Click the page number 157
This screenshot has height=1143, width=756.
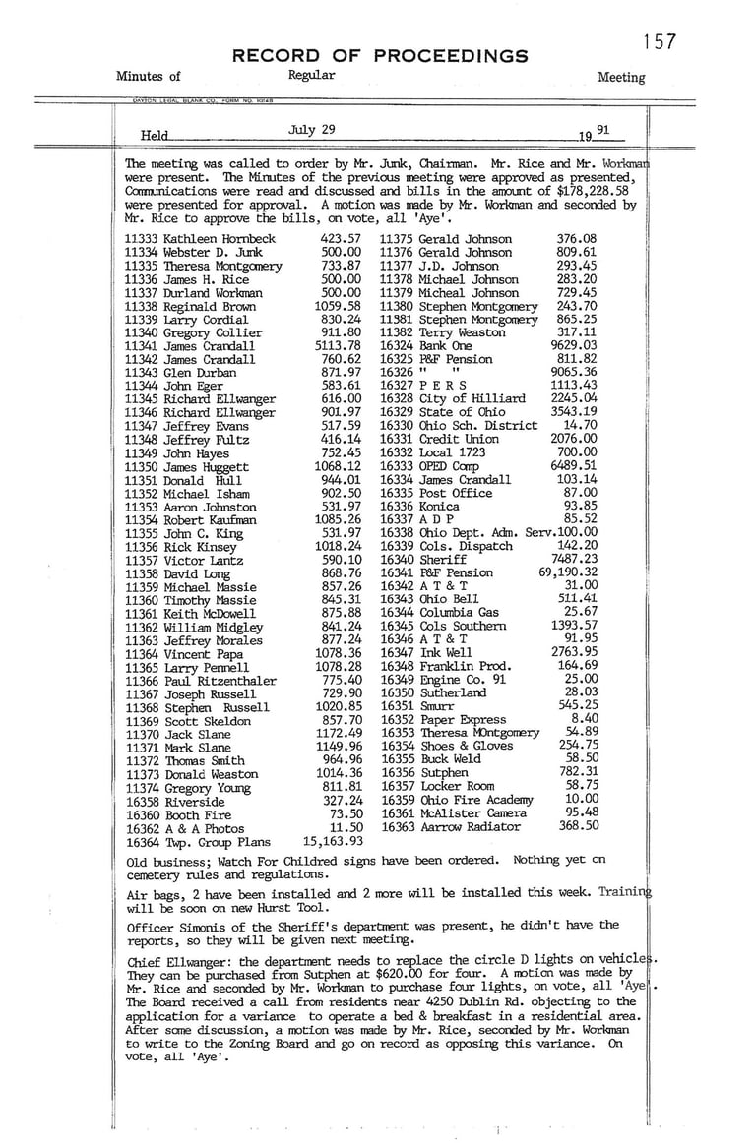[x=660, y=41]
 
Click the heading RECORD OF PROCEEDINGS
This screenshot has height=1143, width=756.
[x=380, y=56]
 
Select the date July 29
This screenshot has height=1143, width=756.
[x=312, y=129]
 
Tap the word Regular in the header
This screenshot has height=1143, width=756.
[x=312, y=75]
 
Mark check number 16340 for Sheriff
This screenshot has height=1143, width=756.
[x=398, y=559]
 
